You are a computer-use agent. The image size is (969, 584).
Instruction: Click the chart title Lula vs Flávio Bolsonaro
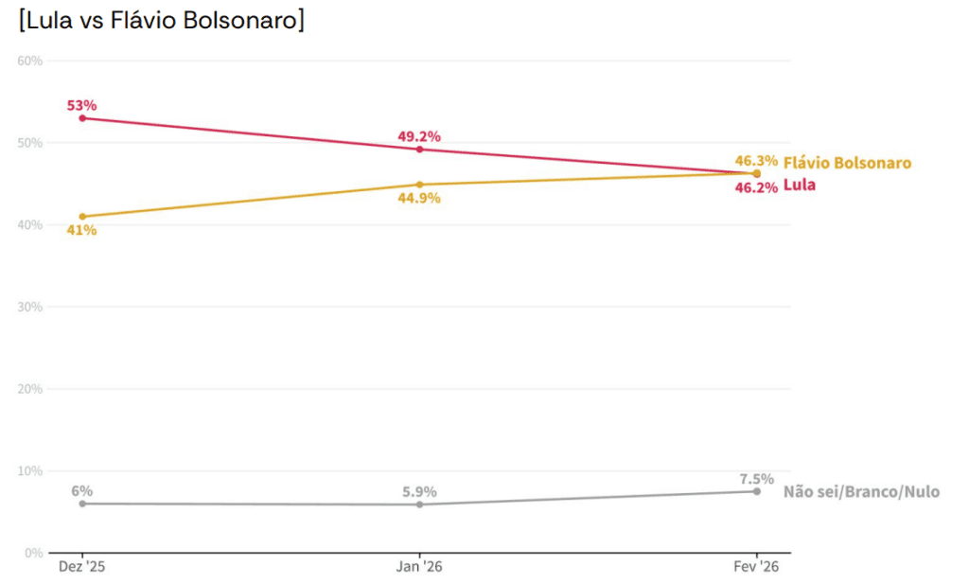(161, 21)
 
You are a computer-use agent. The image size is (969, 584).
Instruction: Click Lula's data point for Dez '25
(82, 118)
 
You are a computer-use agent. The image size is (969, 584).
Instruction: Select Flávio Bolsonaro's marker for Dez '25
(82, 217)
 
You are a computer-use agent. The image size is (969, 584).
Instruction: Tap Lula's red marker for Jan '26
(419, 150)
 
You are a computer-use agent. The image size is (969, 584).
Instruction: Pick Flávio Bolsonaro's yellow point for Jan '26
(419, 185)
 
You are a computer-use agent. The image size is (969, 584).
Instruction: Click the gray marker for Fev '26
(756, 491)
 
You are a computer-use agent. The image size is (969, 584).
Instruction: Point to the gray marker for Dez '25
(82, 504)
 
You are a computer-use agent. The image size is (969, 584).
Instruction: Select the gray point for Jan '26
(419, 504)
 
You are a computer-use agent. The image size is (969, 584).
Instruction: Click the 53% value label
(81, 105)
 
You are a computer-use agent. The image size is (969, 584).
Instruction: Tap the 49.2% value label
(419, 136)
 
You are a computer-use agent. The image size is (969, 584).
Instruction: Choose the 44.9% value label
(419, 199)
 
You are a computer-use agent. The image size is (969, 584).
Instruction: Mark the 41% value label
(81, 230)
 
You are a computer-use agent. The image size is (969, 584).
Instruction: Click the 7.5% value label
(756, 479)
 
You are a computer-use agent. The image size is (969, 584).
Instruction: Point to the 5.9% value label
(419, 492)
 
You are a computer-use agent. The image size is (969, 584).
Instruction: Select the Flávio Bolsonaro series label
(847, 163)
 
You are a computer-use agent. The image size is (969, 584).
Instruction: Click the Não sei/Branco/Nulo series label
(861, 492)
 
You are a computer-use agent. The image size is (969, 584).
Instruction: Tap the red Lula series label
(799, 186)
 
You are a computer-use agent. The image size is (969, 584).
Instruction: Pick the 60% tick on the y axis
(30, 62)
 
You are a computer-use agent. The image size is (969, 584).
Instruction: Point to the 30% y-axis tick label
(30, 307)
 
